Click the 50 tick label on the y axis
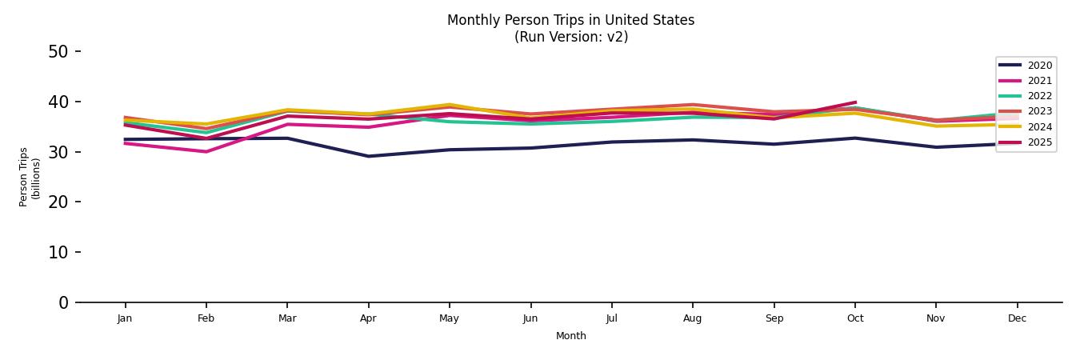point(58,52)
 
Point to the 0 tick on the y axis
point(63,302)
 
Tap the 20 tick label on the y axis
point(58,202)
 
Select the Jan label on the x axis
point(125,318)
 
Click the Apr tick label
point(368,318)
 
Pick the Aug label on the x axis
point(692,318)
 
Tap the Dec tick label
point(1017,318)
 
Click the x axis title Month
point(571,336)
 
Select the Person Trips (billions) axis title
point(30,177)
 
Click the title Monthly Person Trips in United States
point(570,20)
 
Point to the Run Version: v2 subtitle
point(570,37)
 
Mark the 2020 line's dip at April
point(368,156)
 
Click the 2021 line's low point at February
point(206,152)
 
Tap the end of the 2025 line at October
point(855,102)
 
